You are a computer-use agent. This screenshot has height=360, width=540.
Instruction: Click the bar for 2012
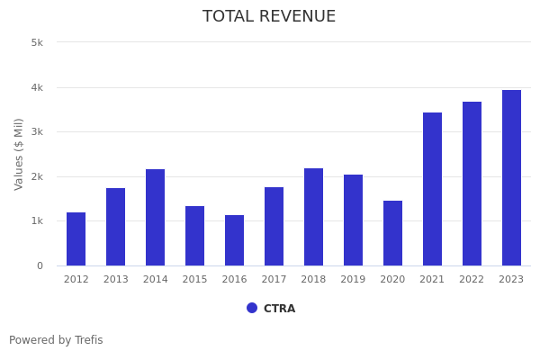[76, 239]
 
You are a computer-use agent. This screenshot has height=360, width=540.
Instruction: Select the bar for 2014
[155, 218]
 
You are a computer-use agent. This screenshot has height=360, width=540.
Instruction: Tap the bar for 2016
[234, 240]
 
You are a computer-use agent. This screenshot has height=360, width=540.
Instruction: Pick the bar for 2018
[313, 217]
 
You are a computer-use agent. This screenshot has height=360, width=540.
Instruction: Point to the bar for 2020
[392, 233]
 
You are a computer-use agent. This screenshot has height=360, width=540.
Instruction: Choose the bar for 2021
[432, 189]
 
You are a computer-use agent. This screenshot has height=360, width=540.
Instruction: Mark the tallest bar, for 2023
[511, 178]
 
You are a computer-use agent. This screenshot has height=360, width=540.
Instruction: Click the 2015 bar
[194, 236]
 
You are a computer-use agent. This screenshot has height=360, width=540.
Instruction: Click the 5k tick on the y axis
[37, 42]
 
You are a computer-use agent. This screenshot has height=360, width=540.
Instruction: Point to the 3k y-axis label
[37, 131]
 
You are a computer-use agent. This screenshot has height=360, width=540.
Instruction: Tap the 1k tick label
[37, 221]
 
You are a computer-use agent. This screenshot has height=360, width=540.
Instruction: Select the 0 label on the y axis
[40, 265]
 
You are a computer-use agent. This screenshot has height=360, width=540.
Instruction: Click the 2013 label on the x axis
[115, 280]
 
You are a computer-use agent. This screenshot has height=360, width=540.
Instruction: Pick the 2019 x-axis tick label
[353, 280]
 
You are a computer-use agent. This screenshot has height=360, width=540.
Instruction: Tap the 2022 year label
[472, 280]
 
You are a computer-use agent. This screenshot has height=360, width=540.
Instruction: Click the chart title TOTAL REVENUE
[269, 17]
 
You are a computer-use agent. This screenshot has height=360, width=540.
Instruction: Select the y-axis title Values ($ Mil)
[19, 154]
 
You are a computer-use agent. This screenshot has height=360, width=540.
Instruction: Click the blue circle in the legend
[252, 308]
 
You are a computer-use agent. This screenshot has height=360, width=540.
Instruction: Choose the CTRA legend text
[279, 309]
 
